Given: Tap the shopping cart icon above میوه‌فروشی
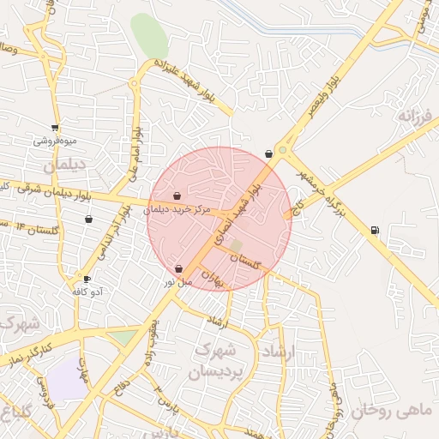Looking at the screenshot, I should (55, 129).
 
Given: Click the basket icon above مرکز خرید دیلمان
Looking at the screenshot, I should (177, 196).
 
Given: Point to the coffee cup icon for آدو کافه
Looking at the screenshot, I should (87, 279).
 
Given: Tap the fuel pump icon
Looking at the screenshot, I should (374, 230).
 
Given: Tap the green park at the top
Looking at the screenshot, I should (149, 36).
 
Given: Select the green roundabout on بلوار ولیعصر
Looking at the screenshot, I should (282, 151).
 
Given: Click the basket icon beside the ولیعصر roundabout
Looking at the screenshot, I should (269, 153).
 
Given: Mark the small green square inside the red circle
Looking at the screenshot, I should (236, 246).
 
